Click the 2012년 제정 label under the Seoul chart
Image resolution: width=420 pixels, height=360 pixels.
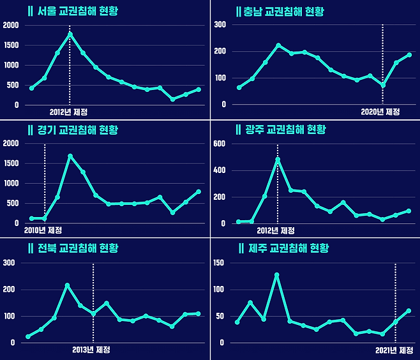coord(68,112)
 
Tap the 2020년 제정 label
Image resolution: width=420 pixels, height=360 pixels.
coord(380,112)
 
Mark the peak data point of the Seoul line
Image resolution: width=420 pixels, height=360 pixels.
coord(70,34)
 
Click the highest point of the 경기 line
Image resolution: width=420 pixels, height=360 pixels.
coord(70,156)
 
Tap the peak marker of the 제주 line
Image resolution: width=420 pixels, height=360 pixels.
coord(277,275)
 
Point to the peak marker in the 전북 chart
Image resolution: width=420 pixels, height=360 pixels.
coord(67,285)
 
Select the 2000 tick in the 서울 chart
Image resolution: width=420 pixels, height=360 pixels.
coord(11,25)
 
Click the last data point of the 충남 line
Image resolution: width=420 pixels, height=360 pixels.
coord(409,55)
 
